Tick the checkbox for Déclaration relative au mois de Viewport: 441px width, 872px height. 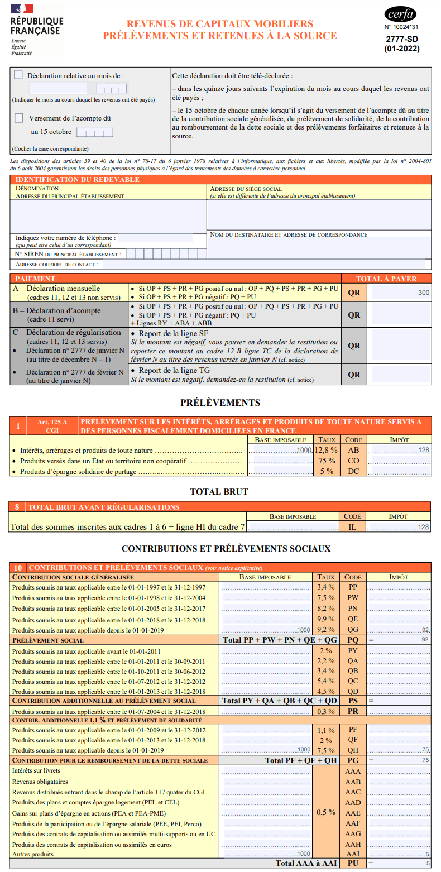pos(18,75)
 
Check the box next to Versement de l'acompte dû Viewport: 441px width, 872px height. pos(19,118)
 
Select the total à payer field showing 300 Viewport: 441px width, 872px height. pos(401,293)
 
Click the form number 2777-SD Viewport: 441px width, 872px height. pos(401,39)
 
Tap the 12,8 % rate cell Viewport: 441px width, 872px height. pos(326,450)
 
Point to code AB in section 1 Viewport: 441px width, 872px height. pos(353,450)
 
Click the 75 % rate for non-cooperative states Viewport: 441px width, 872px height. pos(327,461)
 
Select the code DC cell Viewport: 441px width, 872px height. pos(353,471)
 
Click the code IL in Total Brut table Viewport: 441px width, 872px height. pos(352,526)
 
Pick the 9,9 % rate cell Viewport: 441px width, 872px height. pos(326,620)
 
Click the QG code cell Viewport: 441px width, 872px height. pos(353,630)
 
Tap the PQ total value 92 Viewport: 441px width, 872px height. pos(425,640)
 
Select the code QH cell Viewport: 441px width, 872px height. pos(353,750)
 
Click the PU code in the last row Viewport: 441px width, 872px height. pos(353,863)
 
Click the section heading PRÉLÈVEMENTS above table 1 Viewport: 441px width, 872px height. pos(220,403)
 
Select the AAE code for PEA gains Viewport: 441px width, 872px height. pos(353,813)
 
